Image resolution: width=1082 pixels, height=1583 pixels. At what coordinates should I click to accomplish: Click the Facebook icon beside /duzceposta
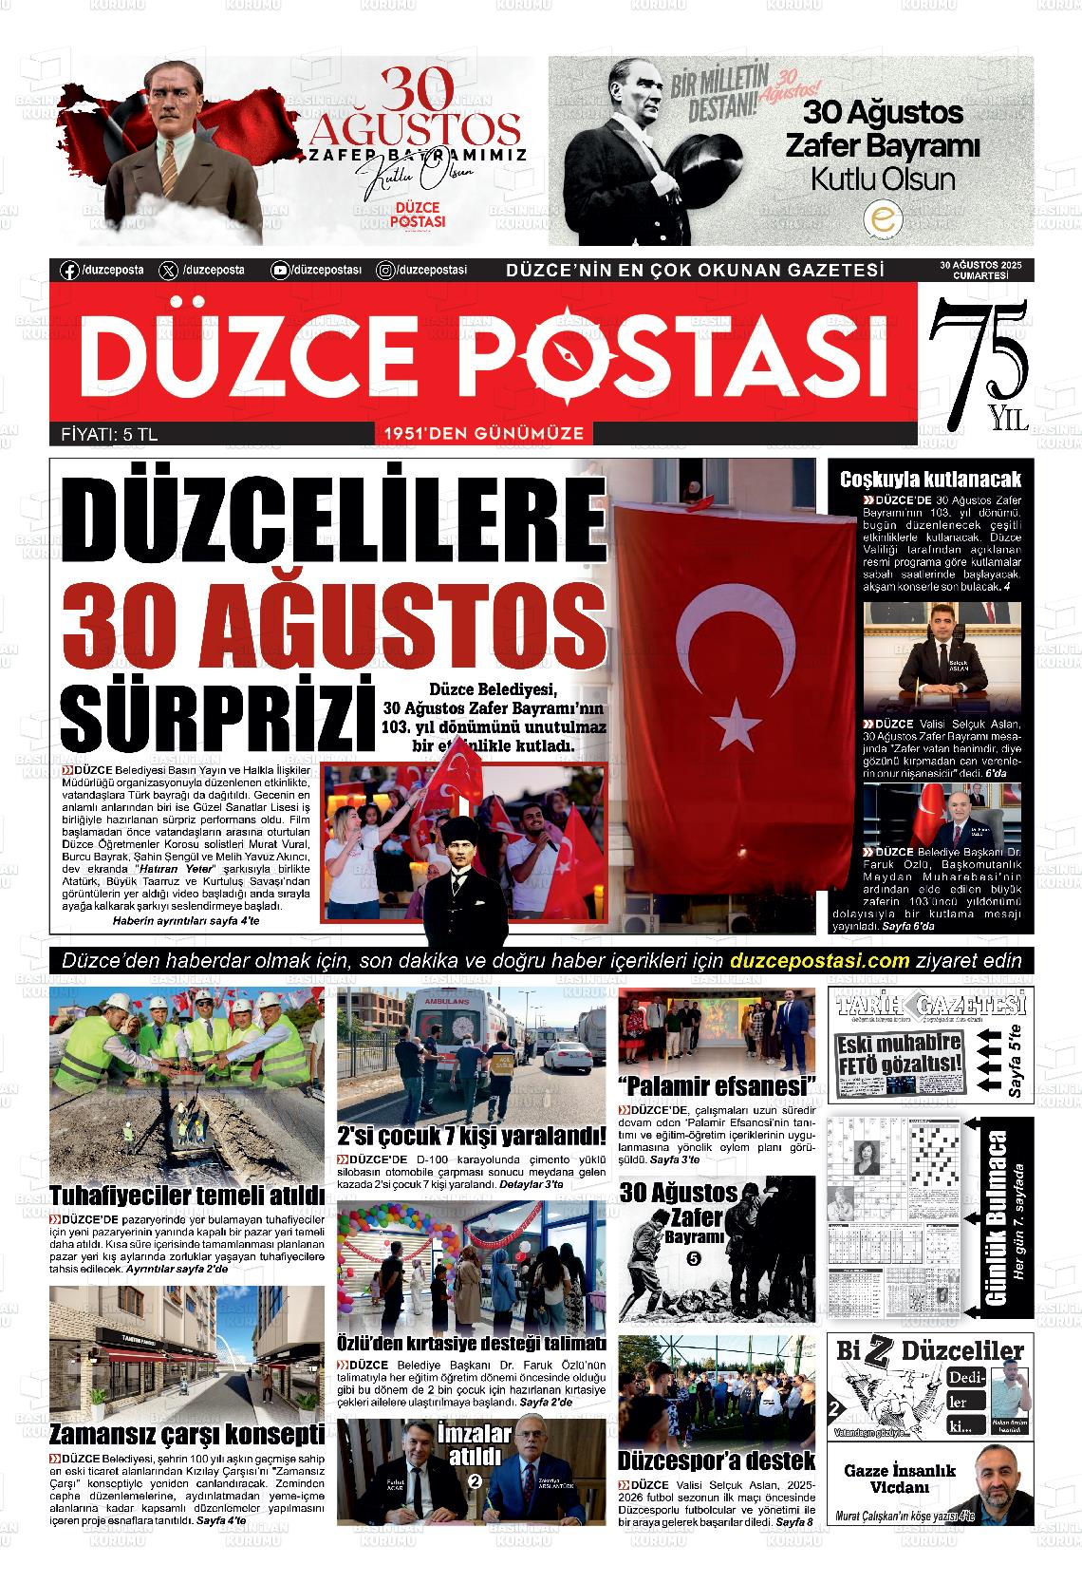click(69, 271)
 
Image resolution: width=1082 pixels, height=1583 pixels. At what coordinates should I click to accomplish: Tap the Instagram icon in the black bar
click(386, 271)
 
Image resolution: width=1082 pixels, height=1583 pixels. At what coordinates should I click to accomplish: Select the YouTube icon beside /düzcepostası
click(280, 271)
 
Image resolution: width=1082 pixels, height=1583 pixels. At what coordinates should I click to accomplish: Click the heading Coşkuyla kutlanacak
click(930, 480)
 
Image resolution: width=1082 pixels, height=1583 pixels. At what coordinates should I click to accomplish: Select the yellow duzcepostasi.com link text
click(821, 960)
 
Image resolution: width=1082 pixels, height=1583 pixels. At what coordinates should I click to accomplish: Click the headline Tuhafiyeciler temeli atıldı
click(187, 1195)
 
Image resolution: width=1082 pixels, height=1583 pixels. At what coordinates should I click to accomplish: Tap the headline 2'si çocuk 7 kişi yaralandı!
click(472, 1137)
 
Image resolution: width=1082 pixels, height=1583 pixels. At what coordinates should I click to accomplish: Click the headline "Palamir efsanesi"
click(717, 1085)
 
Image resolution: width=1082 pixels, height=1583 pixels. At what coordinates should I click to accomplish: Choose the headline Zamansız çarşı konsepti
click(187, 1434)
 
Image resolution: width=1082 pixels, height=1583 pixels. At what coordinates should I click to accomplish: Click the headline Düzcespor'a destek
click(717, 1461)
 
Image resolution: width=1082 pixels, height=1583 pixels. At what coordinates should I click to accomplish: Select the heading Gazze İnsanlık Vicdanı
click(900, 1479)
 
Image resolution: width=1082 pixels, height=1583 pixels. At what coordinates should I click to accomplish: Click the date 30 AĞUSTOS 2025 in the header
click(980, 265)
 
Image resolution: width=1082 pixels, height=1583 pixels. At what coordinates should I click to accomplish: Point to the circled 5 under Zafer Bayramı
click(693, 1259)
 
